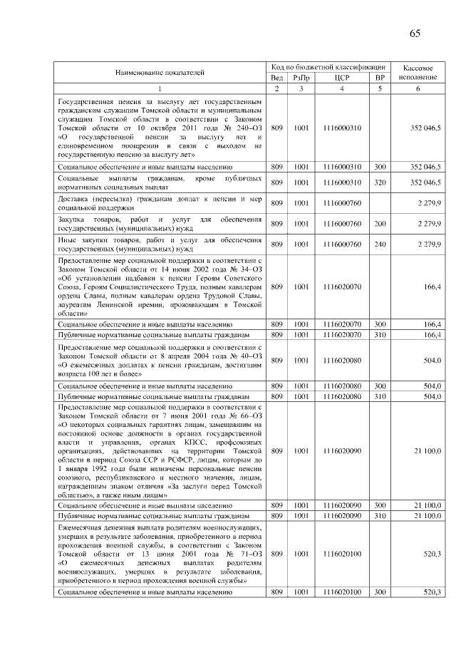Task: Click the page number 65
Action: (x=415, y=33)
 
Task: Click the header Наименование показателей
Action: (x=160, y=72)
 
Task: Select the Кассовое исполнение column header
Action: (x=418, y=71)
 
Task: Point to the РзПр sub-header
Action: (x=301, y=78)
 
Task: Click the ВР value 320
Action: (x=380, y=182)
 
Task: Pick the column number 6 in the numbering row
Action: (x=418, y=88)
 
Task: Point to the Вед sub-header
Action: (x=277, y=78)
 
